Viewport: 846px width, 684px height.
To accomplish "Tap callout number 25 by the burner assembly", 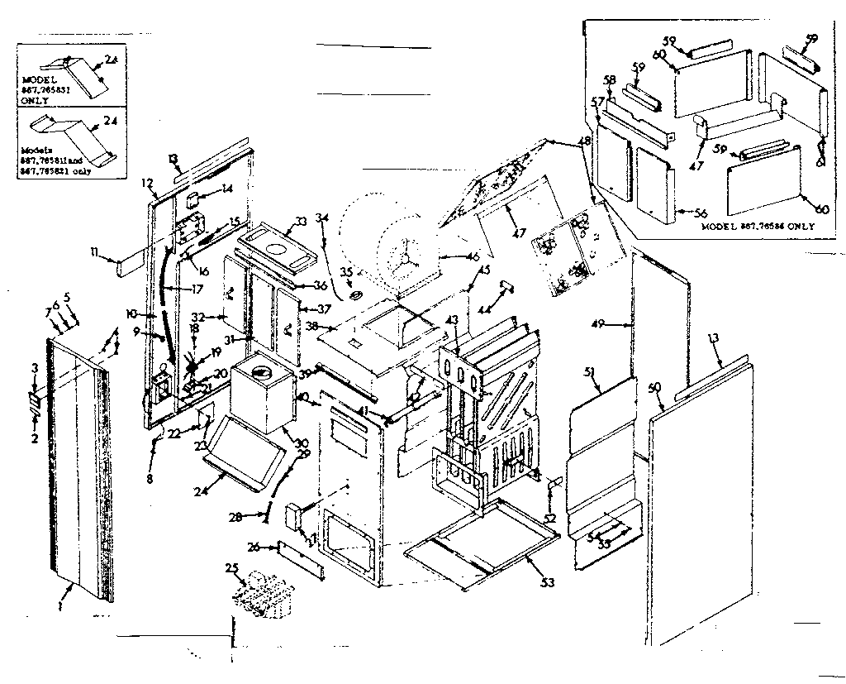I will [x=231, y=569].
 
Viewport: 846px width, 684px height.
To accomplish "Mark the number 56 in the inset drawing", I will [x=680, y=211].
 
